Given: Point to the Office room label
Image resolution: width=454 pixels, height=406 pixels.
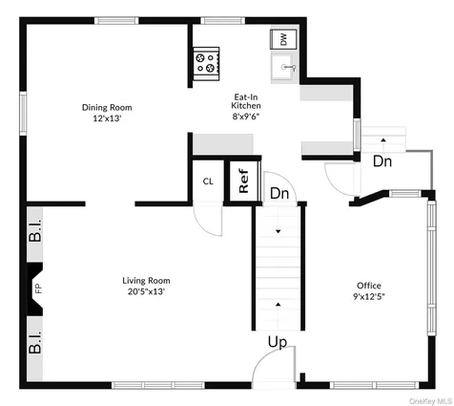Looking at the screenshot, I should pyautogui.click(x=369, y=286).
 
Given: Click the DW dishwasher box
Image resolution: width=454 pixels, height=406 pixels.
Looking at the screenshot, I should pyautogui.click(x=282, y=38).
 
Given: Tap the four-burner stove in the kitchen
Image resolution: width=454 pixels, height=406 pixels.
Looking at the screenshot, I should pyautogui.click(x=206, y=63).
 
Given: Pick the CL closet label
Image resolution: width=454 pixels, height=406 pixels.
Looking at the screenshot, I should pyautogui.click(x=208, y=182).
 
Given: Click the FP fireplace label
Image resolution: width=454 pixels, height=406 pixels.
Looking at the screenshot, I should pyautogui.click(x=39, y=288).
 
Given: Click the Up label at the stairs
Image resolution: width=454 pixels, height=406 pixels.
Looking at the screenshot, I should pyautogui.click(x=277, y=341).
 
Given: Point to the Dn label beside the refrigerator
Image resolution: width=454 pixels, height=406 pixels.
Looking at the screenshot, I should pyautogui.click(x=279, y=193).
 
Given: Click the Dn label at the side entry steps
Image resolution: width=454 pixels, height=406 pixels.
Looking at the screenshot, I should pyautogui.click(x=382, y=161).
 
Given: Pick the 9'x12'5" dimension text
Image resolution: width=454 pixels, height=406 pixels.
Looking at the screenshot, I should pyautogui.click(x=369, y=296).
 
